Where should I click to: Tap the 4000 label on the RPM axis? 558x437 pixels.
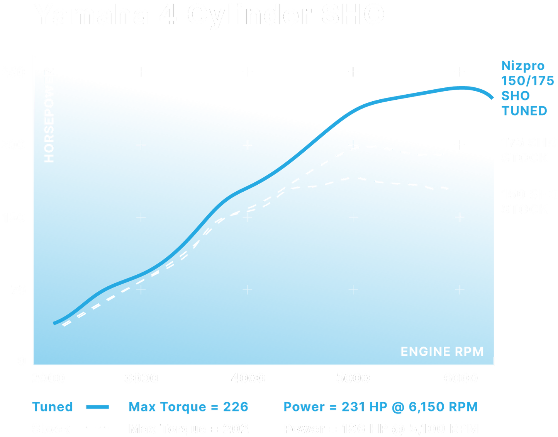pyautogui.click(x=248, y=378)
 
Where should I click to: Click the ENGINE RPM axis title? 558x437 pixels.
pyautogui.click(x=442, y=352)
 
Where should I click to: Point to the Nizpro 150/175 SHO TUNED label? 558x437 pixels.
pyautogui.click(x=527, y=88)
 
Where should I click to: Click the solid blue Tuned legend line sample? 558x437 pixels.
pyautogui.click(x=97, y=407)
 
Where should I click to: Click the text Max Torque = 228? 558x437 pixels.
pyautogui.click(x=188, y=407)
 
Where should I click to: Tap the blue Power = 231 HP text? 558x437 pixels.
pyautogui.click(x=380, y=407)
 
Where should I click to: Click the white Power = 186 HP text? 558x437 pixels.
pyautogui.click(x=380, y=428)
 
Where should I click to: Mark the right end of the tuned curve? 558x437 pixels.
pyautogui.click(x=492, y=98)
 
